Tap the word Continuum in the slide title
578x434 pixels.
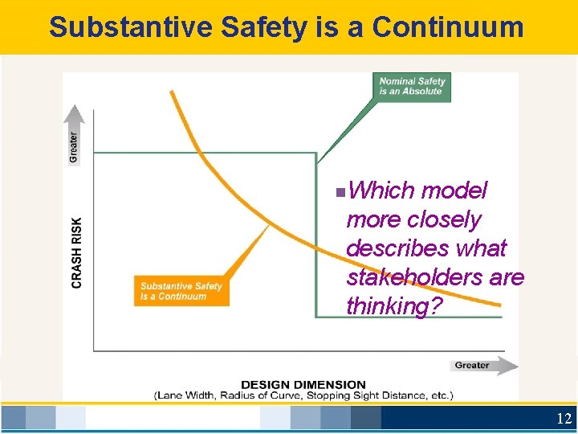point(448,27)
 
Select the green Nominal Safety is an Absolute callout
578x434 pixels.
point(411,86)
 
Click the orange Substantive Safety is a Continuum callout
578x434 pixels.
point(181,291)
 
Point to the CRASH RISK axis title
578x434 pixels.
point(77,252)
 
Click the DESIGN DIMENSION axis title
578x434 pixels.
point(303,385)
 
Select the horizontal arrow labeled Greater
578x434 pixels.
point(482,365)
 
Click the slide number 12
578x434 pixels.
point(564,419)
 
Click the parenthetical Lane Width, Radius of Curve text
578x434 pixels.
point(303,395)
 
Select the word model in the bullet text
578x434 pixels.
point(454,190)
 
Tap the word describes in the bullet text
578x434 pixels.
point(426,248)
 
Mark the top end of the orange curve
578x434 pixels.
point(171,91)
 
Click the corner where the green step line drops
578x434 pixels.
point(316,153)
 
